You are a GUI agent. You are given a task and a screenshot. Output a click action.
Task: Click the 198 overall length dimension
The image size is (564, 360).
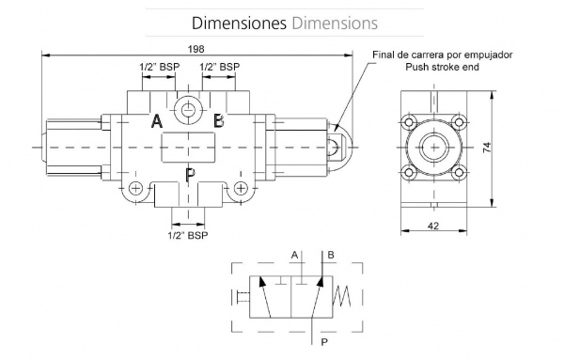196,49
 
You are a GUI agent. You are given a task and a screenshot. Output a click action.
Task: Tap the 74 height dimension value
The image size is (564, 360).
487,148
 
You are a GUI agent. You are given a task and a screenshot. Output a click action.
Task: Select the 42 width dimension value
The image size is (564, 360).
433,226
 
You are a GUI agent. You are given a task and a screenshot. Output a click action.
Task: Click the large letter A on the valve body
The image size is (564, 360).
157,121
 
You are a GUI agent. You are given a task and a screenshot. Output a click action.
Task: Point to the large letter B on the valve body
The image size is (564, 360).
218,121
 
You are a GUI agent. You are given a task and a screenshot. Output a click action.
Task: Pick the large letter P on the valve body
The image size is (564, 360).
190,175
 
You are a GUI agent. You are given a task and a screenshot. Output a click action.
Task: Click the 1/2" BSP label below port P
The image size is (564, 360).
188,236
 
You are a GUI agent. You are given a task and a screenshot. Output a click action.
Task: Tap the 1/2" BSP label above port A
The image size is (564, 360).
160,67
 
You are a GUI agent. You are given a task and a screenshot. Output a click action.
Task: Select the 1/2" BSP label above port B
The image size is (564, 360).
219,67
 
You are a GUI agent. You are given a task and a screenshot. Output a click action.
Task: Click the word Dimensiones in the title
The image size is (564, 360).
239,23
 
